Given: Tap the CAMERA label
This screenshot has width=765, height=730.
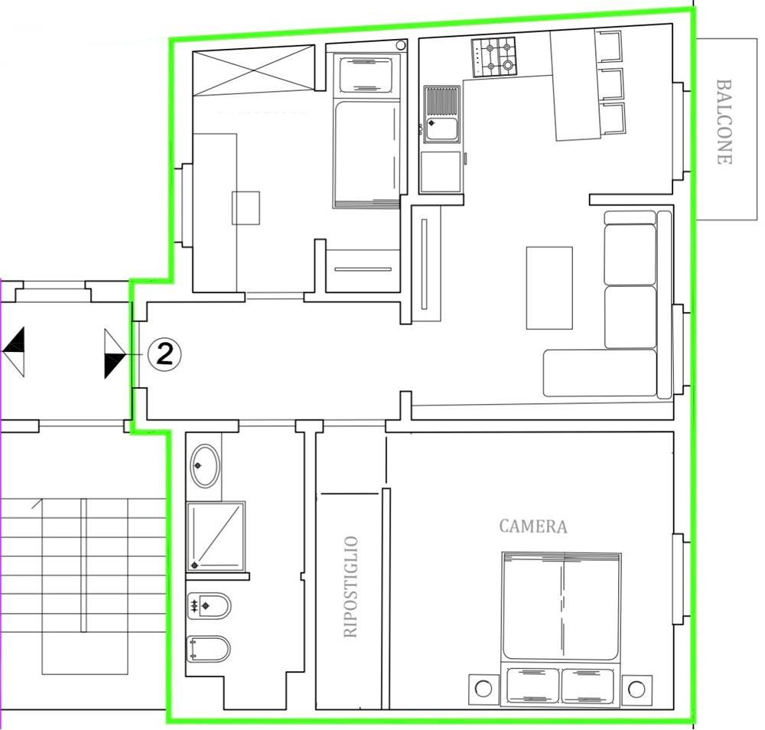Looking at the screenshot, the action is click(x=533, y=526).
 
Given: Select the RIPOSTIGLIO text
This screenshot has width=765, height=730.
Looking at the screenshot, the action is click(x=350, y=587).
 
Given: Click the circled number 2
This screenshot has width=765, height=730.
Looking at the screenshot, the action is click(x=164, y=354).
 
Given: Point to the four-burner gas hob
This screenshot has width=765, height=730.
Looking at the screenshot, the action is click(x=493, y=57).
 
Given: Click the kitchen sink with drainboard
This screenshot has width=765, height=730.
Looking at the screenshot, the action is click(x=442, y=114).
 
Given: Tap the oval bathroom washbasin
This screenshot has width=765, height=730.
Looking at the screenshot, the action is click(x=205, y=465).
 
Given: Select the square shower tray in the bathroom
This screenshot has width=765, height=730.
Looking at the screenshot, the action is click(x=216, y=536).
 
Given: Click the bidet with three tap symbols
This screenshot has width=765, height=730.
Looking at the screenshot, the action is click(x=209, y=606).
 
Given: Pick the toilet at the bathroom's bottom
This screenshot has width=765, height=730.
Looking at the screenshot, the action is click(x=209, y=649).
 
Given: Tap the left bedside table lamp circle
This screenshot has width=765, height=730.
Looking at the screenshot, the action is click(x=483, y=689).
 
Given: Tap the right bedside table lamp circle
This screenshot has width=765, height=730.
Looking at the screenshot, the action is click(x=636, y=689).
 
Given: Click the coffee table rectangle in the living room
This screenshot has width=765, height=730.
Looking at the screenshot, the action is click(x=549, y=288).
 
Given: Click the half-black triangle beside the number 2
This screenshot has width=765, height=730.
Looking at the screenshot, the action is click(x=116, y=354).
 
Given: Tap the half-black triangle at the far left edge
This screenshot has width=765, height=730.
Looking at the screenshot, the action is click(x=14, y=351).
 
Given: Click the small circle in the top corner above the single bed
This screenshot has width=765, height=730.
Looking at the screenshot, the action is click(x=401, y=45).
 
